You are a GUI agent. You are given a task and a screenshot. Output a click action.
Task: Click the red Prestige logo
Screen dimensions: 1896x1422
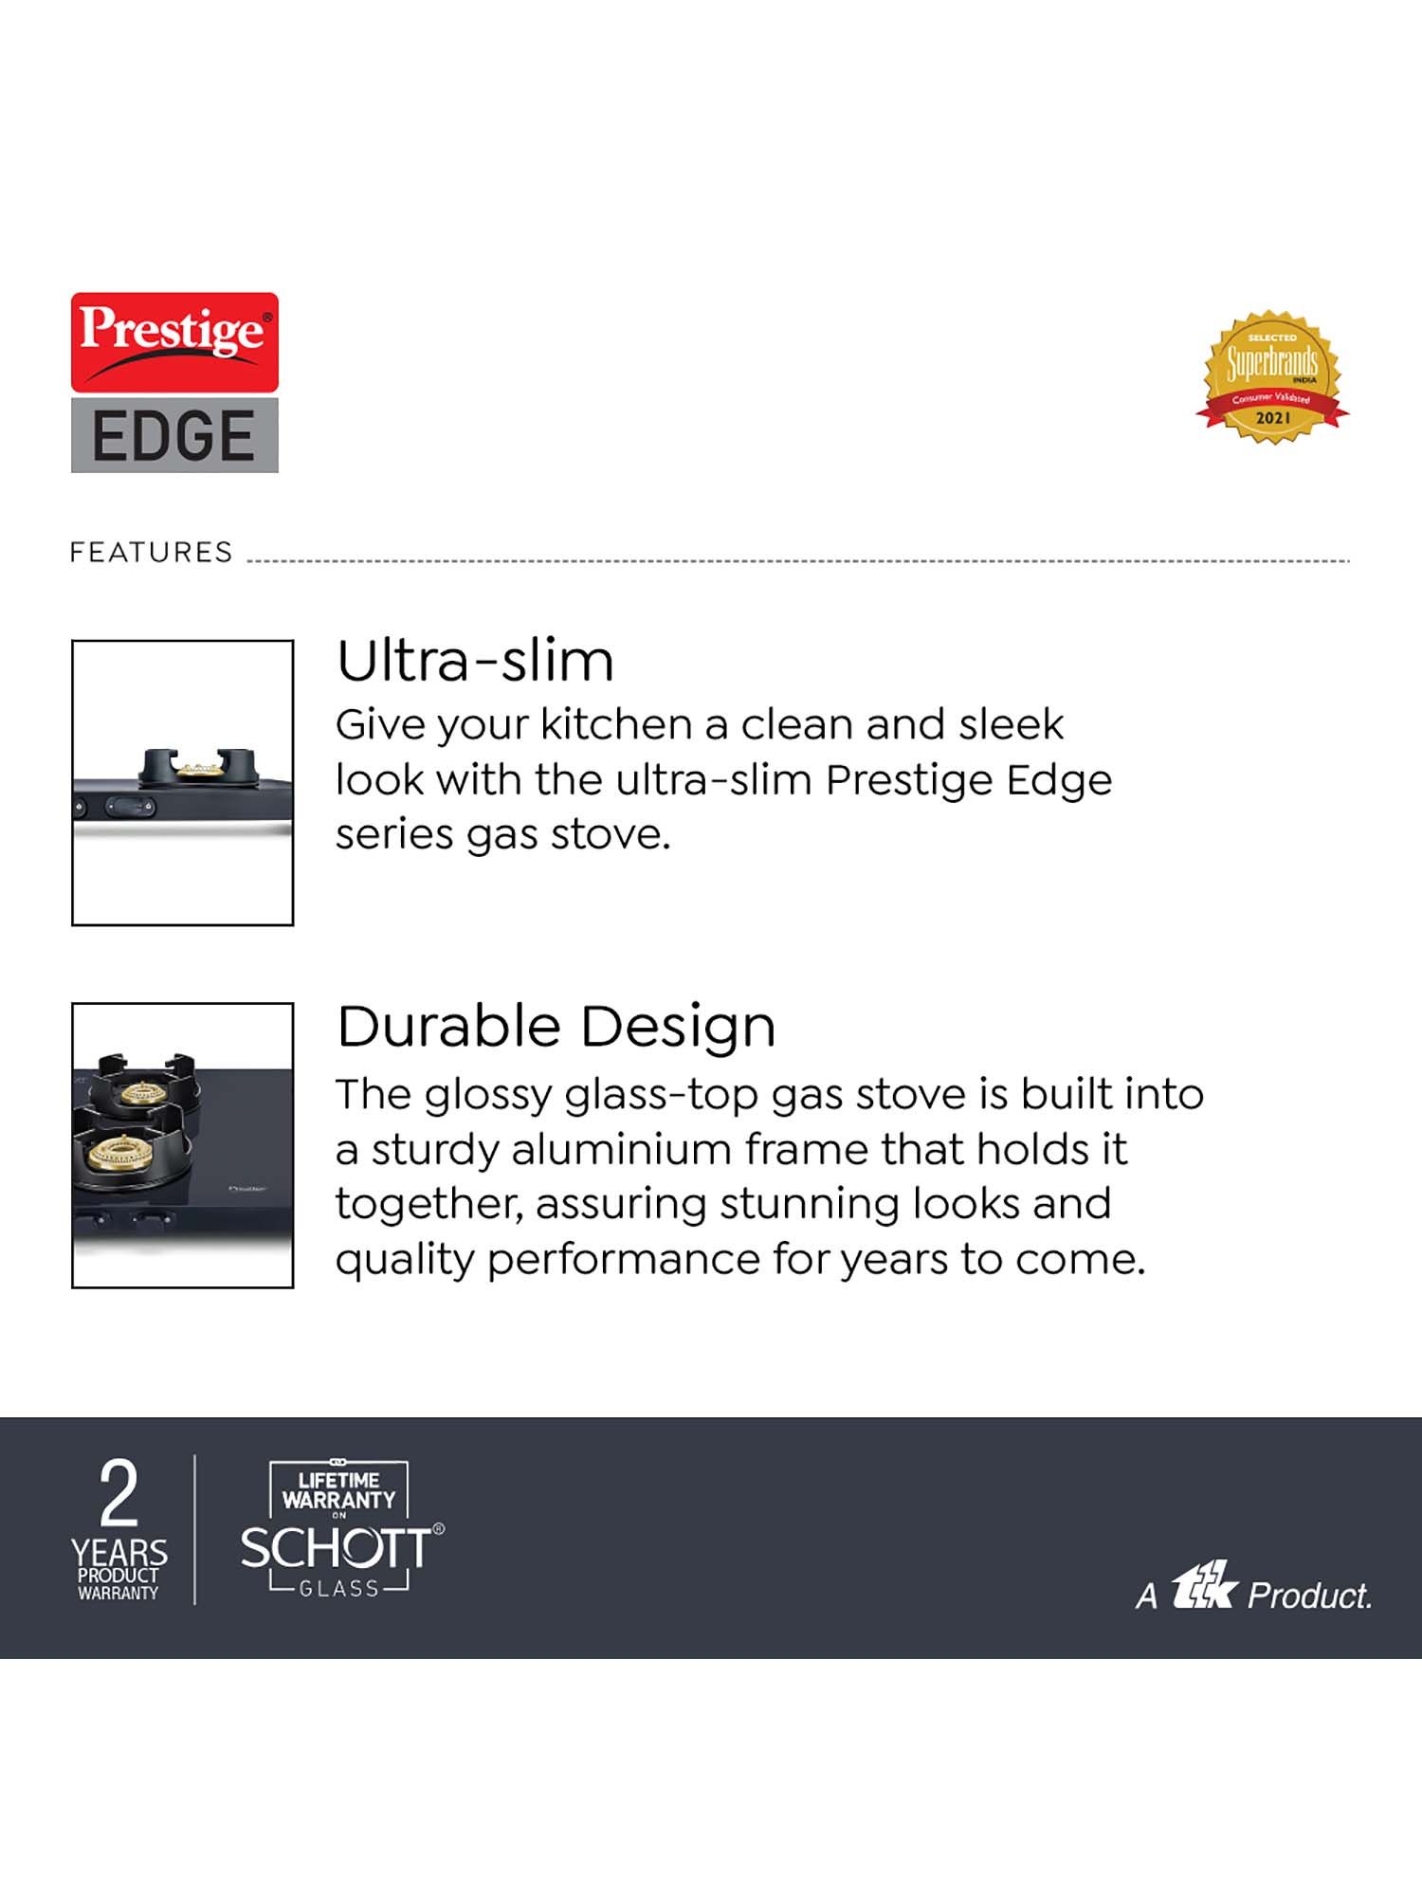[174, 342]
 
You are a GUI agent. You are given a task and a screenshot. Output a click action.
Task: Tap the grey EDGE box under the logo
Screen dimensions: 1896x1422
[174, 435]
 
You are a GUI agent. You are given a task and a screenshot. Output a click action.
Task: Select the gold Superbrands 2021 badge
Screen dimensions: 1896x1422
[1272, 376]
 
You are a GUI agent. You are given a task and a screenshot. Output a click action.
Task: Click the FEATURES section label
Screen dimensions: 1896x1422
[151, 553]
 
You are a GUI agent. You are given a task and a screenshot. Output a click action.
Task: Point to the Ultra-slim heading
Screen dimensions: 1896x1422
[475, 661]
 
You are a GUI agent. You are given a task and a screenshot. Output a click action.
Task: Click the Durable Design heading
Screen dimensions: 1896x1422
[556, 1027]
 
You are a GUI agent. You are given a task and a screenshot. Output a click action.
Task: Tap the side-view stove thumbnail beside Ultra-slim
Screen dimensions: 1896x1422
[182, 782]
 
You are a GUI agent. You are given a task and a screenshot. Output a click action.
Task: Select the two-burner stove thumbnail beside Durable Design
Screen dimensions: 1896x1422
[182, 1145]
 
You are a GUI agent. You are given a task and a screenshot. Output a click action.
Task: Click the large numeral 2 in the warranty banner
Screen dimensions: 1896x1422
[119, 1495]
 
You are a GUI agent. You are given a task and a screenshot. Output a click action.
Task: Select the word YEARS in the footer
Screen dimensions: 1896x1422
[119, 1553]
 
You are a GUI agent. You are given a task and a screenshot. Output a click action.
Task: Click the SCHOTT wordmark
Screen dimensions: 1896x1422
[336, 1549]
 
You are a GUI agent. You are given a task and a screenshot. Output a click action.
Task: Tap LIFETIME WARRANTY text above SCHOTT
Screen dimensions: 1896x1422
[338, 1490]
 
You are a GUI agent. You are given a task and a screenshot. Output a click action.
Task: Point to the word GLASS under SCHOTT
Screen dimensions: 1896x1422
[338, 1589]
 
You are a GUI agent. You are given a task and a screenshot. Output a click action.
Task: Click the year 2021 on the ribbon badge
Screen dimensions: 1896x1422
[1272, 418]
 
